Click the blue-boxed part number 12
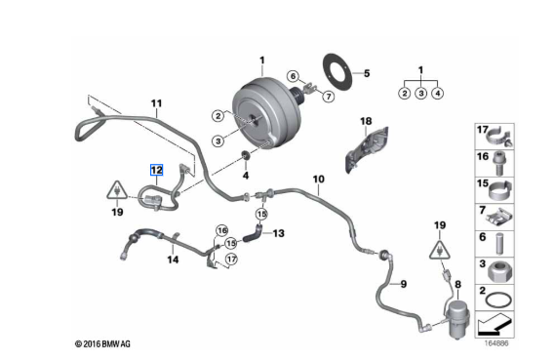pos(156,171)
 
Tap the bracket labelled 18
pos(367,150)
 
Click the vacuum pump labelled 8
pos(458,319)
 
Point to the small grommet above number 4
pos(245,155)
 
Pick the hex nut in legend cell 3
pos(500,271)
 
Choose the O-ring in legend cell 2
pos(498,300)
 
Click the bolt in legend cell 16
pos(499,163)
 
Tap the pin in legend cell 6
pos(500,243)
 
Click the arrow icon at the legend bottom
pos(495,325)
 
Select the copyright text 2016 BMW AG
pos(102,343)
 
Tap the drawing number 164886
pos(496,343)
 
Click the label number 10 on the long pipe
pos(318,180)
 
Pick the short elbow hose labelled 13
pos(253,235)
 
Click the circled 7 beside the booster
pos(329,97)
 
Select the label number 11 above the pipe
pos(156,103)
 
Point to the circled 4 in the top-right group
pos(438,94)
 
